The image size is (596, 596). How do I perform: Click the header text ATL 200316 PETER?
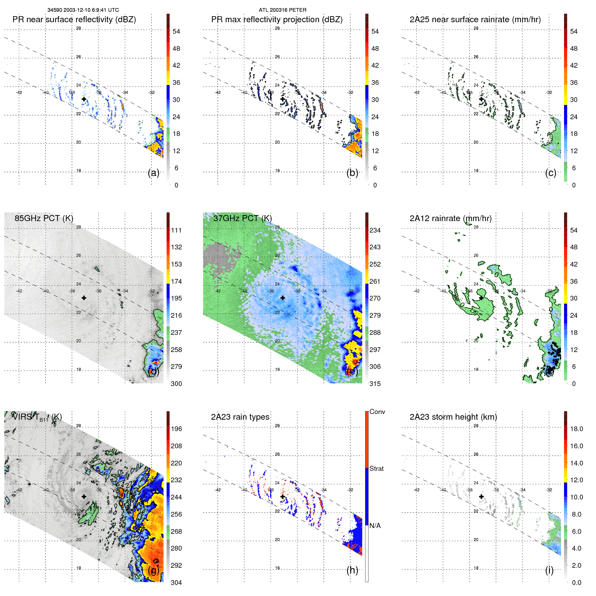[x=282, y=10]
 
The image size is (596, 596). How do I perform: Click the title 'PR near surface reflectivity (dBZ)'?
[x=74, y=20]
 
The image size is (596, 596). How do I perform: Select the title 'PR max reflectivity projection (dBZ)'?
[x=277, y=20]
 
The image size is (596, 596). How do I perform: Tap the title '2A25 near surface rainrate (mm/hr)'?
[x=475, y=20]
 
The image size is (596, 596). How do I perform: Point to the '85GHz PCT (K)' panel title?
[x=44, y=218]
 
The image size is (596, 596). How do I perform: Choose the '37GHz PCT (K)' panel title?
[x=242, y=218]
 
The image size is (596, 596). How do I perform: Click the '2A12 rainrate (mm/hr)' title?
[x=451, y=218]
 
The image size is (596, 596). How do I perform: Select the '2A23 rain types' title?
[x=240, y=417]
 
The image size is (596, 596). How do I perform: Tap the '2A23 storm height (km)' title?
[x=453, y=417]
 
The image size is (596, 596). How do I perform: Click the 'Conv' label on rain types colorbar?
[x=377, y=412]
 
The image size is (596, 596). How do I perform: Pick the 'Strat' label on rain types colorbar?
[x=377, y=468]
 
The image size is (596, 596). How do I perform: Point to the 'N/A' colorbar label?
[x=375, y=526]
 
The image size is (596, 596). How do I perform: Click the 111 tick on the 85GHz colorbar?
[x=176, y=230]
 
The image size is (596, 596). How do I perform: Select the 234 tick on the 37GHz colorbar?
[x=375, y=230]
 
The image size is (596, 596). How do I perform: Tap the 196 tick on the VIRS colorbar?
[x=176, y=429]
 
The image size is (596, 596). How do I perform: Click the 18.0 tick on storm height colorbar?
[x=576, y=429]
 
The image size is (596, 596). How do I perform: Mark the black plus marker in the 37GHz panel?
[x=283, y=298]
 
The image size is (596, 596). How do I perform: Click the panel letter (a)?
[x=153, y=173]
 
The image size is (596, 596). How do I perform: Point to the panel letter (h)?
[x=352, y=570]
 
